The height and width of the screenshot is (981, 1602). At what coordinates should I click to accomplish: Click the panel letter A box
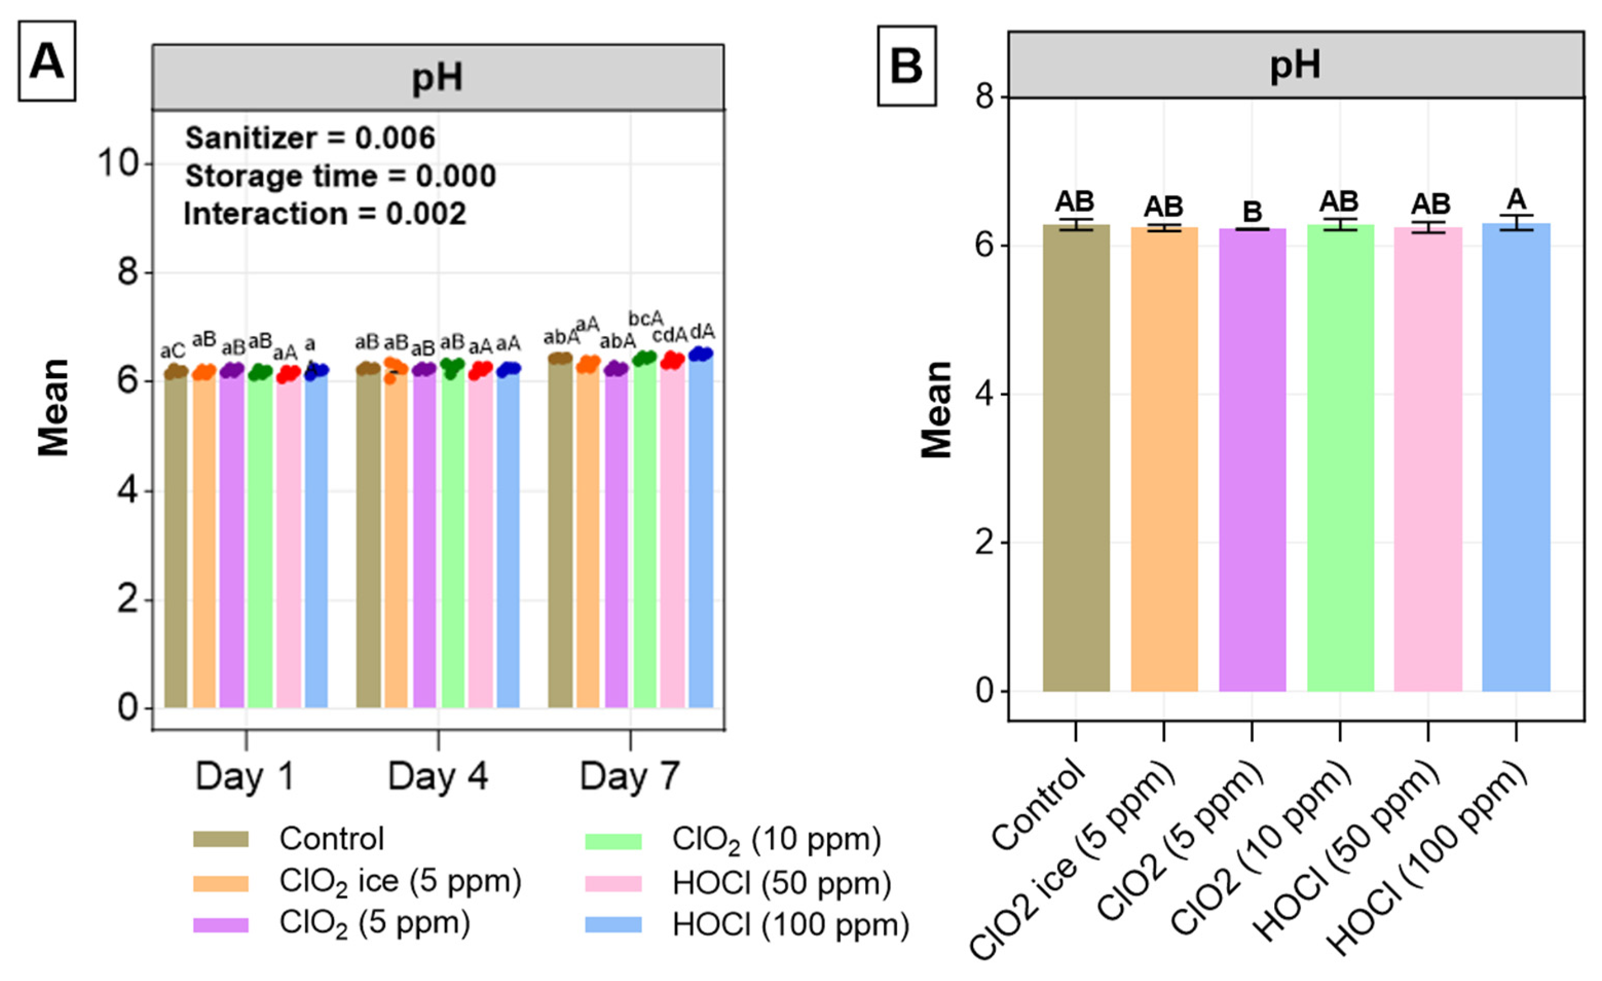pos(47,61)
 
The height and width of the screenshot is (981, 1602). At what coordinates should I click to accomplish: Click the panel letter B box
pos(906,66)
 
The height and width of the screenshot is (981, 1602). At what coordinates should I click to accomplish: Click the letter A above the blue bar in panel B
pos(1516,199)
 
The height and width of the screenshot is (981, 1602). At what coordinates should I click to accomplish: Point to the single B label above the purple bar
pos(1252,212)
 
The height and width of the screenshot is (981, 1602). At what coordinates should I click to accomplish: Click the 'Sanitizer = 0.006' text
pos(310,138)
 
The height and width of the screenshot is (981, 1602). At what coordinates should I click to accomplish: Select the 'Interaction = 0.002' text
pos(325,214)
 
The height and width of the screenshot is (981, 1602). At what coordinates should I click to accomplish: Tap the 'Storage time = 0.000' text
pos(341,176)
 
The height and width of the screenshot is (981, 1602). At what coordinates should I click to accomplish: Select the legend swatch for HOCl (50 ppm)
pos(612,883)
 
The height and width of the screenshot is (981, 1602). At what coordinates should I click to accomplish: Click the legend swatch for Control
pos(220,839)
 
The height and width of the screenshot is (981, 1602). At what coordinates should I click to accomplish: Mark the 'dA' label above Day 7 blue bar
pos(702,332)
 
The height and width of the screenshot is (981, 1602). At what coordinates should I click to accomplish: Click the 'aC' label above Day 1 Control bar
pos(173,351)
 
